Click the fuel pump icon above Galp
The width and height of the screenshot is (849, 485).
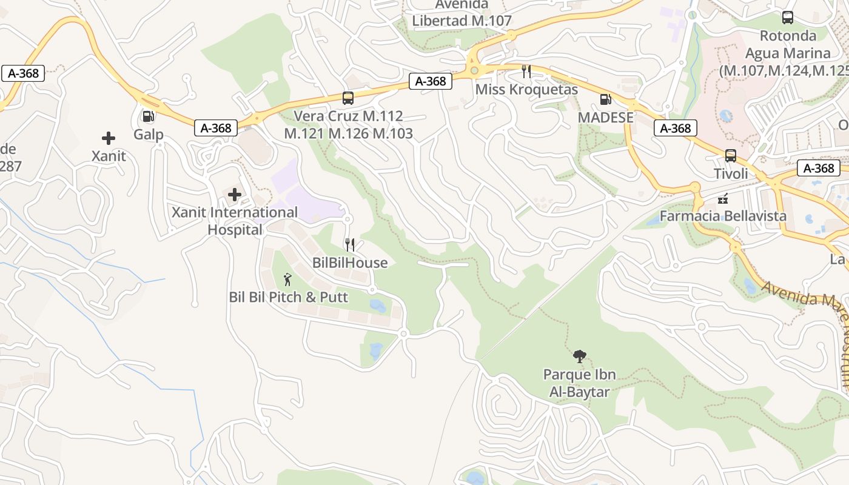click(x=147, y=115)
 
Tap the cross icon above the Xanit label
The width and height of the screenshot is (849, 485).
click(x=109, y=138)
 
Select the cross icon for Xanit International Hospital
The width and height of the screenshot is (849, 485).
click(x=235, y=195)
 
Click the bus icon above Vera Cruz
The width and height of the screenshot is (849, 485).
click(x=348, y=98)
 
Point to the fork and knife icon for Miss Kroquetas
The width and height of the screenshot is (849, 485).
click(x=526, y=72)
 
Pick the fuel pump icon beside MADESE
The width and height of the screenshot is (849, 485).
click(x=605, y=99)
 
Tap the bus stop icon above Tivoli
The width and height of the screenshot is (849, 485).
click(x=731, y=156)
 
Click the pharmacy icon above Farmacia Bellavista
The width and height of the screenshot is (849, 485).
click(x=723, y=198)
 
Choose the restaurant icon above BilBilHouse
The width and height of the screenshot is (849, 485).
click(x=350, y=245)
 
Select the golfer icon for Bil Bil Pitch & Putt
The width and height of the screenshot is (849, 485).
click(x=288, y=279)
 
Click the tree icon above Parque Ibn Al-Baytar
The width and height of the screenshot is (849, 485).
click(x=579, y=356)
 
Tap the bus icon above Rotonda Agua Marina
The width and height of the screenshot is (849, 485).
click(x=787, y=18)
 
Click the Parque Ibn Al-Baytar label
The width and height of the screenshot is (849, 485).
click(x=579, y=383)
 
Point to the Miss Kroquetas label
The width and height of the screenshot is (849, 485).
click(x=526, y=90)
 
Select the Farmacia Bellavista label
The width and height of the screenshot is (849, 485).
click(x=723, y=216)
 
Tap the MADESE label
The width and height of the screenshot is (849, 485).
click(x=605, y=117)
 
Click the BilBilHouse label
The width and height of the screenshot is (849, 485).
click(x=350, y=263)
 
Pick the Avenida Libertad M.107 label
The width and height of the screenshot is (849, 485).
click(x=462, y=13)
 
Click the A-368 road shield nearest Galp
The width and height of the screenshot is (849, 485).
click(x=216, y=128)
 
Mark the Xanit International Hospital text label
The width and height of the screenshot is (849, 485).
click(x=235, y=221)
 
